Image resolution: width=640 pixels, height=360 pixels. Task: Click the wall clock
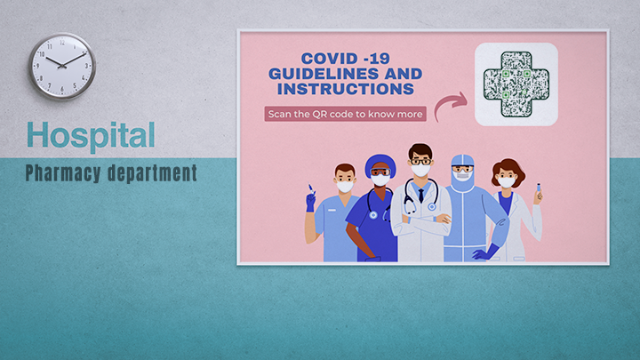[x=61, y=67]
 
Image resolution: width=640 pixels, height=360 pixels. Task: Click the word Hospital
[x=91, y=135]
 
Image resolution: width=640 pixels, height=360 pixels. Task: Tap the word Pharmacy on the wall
[x=64, y=172]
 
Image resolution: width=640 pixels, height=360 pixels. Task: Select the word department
[x=152, y=172]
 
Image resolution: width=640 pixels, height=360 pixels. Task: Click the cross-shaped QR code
[x=516, y=84]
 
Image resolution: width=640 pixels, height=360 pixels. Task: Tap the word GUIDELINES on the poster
[x=325, y=73]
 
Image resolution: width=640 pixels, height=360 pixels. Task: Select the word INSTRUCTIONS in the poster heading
[x=345, y=89]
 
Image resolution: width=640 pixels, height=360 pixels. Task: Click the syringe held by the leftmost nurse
[x=310, y=188]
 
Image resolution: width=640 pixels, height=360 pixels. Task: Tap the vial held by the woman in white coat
[x=538, y=188]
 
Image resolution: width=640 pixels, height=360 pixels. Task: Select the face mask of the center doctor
[x=421, y=170]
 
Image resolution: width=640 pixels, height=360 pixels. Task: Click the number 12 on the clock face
[x=61, y=42]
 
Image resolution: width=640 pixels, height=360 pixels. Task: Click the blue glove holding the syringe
[x=310, y=202]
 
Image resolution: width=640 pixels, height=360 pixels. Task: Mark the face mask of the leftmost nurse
[x=344, y=186]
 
